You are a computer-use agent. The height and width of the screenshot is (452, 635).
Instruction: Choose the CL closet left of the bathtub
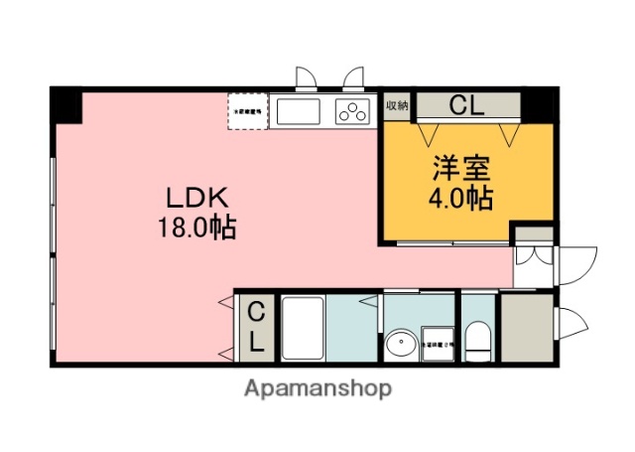pyautogui.click(x=255, y=328)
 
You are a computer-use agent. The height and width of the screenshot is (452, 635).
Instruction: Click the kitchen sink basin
pyautogui.click(x=299, y=111)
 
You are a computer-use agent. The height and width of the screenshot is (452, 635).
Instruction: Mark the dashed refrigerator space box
pyautogui.click(x=247, y=111)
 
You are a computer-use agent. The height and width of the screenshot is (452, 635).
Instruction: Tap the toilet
pyautogui.click(x=477, y=340)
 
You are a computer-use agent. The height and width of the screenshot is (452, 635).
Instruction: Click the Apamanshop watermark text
pyautogui.click(x=317, y=388)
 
